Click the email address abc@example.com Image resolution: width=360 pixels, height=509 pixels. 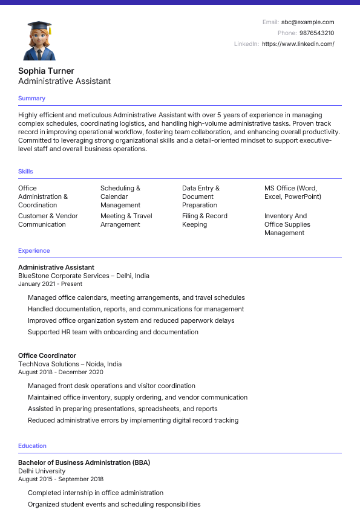[x=307, y=22]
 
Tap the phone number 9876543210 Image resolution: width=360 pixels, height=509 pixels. [x=316, y=33]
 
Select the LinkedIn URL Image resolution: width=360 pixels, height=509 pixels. [x=298, y=44]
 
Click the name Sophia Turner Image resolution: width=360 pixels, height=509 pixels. [x=46, y=71]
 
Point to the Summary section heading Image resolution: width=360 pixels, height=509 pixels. [x=31, y=99]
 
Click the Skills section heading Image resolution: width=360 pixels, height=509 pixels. [x=25, y=172]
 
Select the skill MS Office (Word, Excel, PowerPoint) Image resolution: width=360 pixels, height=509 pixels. [x=292, y=192]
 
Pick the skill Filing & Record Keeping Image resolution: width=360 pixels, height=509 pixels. [x=205, y=220]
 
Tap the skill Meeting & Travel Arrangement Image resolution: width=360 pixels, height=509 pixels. [x=126, y=220]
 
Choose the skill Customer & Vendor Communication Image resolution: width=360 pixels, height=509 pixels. [x=48, y=220]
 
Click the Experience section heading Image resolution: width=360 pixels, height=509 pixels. [x=34, y=251]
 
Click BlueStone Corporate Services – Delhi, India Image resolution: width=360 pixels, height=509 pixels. [x=83, y=276]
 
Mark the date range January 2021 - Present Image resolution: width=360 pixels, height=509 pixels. [x=50, y=284]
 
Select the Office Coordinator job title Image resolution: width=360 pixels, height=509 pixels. [x=47, y=355]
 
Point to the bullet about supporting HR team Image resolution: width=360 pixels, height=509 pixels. [x=113, y=332]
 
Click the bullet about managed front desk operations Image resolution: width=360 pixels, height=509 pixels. [x=111, y=386]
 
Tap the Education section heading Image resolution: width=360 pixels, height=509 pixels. [x=32, y=446]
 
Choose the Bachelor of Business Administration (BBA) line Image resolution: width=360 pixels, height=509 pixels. [x=84, y=462]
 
